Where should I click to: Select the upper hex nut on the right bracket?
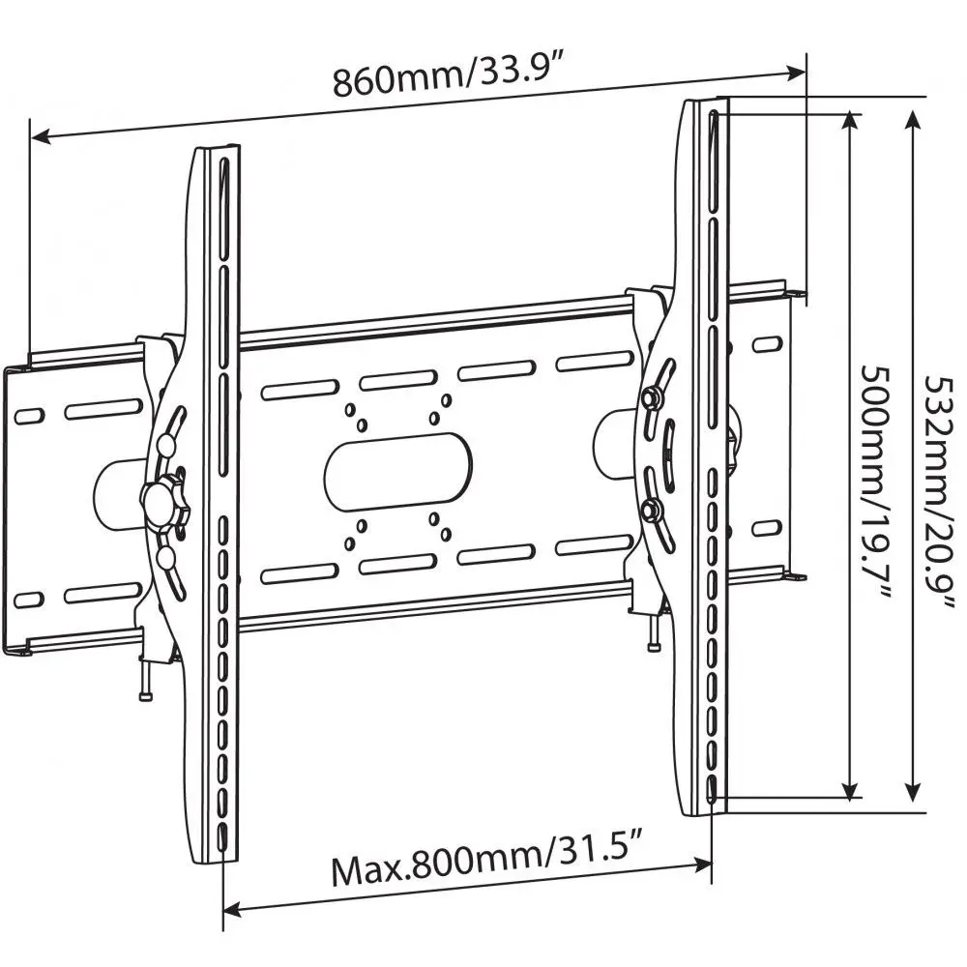(x=652, y=396)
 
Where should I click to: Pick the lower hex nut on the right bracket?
(x=651, y=510)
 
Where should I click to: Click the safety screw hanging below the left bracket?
(x=145, y=681)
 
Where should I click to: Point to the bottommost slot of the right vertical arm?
(x=713, y=792)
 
